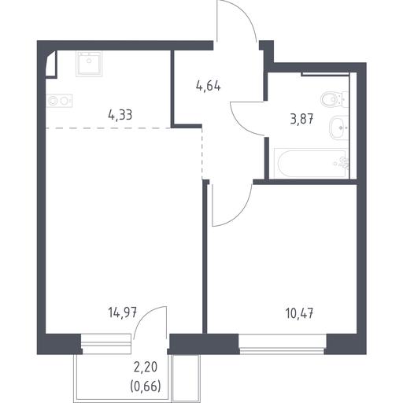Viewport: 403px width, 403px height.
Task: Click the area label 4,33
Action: point(120,115)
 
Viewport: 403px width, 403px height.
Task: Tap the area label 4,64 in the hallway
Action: point(208,86)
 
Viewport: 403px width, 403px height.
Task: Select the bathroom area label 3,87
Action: point(301,119)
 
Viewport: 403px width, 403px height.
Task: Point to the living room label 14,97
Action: point(123,312)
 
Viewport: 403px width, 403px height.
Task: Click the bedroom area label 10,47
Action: point(299,313)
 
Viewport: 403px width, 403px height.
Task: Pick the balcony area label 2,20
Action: point(146,367)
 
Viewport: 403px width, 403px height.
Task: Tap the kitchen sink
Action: point(89,64)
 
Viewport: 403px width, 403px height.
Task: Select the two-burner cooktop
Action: point(59,101)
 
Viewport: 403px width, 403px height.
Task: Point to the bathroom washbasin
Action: point(338,128)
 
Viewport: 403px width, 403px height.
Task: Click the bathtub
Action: point(311,164)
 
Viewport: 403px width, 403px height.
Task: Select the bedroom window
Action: point(283,344)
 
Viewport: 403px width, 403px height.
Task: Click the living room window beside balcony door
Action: point(106,344)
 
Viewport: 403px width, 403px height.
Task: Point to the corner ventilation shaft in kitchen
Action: point(51,65)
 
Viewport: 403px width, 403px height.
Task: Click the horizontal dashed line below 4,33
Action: point(108,128)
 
